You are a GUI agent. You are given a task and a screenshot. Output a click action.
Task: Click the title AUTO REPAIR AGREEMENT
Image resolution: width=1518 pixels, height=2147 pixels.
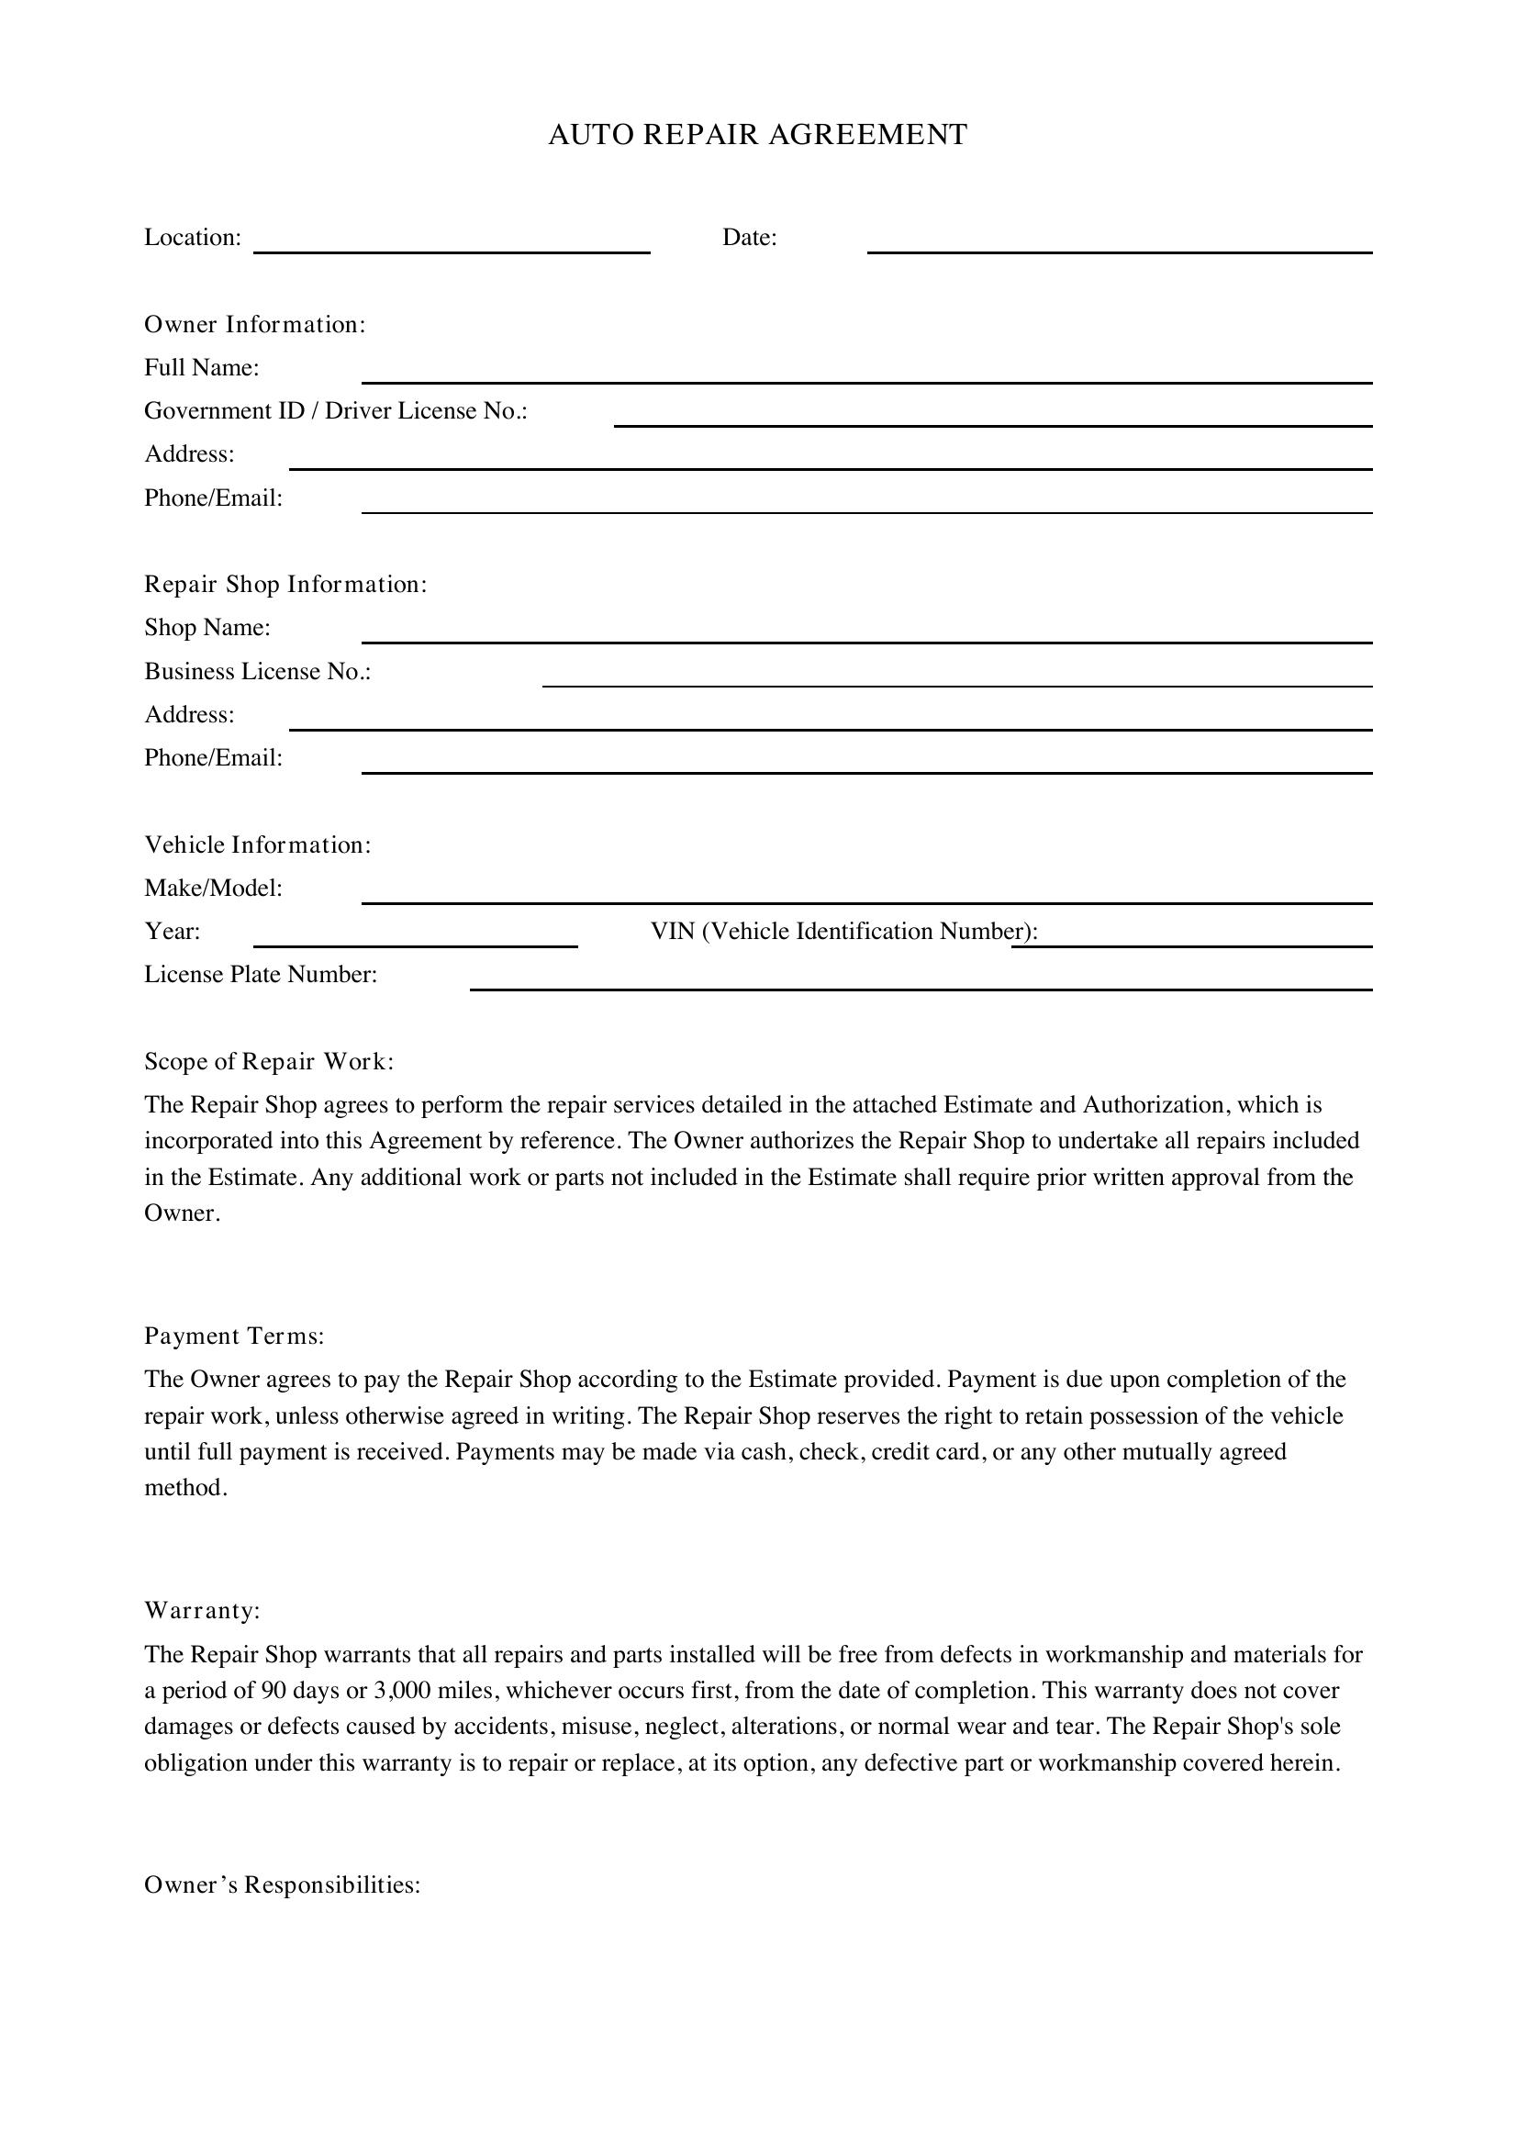click(x=757, y=135)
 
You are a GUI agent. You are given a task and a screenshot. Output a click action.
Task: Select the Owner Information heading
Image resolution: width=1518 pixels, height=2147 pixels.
click(x=254, y=324)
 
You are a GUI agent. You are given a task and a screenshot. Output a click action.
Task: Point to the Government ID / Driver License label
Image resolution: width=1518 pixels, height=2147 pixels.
click(x=336, y=411)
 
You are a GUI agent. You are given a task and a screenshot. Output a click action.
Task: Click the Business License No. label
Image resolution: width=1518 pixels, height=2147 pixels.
click(x=257, y=671)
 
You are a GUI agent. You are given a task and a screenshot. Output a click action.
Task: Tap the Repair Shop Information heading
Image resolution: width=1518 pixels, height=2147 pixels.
click(x=285, y=585)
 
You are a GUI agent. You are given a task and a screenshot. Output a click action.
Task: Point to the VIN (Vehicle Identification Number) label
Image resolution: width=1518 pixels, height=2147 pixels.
click(x=844, y=932)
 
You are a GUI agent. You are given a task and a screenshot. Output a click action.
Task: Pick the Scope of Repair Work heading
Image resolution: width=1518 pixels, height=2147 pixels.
click(x=269, y=1061)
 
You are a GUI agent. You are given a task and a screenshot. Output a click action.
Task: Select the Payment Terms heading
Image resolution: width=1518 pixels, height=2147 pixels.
click(x=234, y=1336)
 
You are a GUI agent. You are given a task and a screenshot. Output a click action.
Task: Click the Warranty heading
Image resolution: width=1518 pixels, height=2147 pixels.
click(x=202, y=1611)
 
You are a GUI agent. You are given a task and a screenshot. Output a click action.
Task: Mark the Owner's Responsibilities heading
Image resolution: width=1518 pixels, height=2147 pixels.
click(x=283, y=1885)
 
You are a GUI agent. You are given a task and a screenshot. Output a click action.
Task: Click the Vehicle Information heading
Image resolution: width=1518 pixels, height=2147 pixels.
click(x=257, y=845)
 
